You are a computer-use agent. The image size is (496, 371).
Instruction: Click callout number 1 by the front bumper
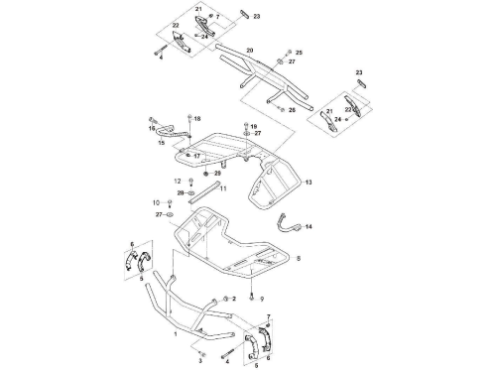(x=176, y=334)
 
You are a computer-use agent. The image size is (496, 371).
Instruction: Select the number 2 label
(x=234, y=299)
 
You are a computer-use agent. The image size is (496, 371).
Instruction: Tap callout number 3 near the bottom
(x=200, y=361)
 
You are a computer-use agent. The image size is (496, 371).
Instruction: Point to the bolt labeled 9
(x=252, y=297)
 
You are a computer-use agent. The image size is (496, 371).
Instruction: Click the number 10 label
(x=156, y=202)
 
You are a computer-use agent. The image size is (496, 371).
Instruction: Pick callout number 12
(x=178, y=181)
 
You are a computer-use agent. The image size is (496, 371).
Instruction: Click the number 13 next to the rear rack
(x=309, y=183)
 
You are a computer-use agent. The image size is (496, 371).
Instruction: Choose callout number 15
(x=162, y=143)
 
